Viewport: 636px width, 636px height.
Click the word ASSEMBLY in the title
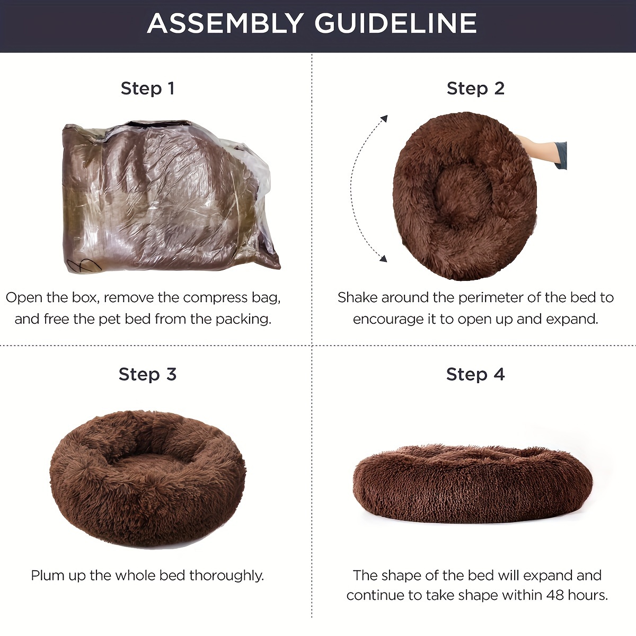coord(225,23)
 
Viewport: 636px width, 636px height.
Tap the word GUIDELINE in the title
coord(396,23)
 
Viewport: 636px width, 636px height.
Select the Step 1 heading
coord(147,89)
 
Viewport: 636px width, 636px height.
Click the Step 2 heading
coord(475,89)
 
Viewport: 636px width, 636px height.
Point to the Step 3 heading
coord(147,375)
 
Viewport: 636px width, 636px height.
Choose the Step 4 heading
coord(475,375)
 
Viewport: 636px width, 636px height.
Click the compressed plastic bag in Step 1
coord(171,197)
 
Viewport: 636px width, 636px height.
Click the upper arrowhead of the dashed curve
coord(384,119)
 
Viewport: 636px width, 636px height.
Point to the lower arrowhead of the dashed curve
coord(383,258)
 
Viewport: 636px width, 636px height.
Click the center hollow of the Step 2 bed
coord(463,196)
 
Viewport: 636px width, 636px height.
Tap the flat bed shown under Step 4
coord(473,484)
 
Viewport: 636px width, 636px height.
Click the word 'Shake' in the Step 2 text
coord(357,298)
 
